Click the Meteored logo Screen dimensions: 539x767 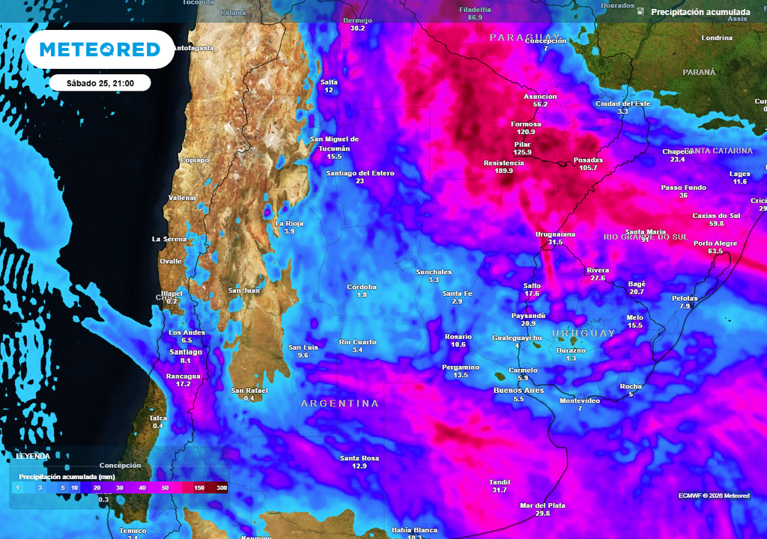click(x=100, y=49)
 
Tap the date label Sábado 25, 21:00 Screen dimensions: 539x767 click(x=100, y=83)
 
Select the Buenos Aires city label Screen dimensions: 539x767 click(x=518, y=391)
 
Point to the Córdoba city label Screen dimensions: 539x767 click(x=362, y=287)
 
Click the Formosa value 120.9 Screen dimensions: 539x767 click(x=526, y=132)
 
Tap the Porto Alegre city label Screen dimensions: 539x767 click(x=715, y=243)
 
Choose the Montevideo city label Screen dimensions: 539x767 click(x=580, y=401)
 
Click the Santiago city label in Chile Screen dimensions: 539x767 click(x=186, y=352)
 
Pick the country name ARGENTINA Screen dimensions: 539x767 click(x=340, y=404)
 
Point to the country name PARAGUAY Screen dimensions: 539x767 click(x=525, y=37)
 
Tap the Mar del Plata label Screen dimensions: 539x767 click(x=543, y=505)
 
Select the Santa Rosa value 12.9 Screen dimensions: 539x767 click(x=360, y=466)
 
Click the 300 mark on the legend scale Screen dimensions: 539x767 click(x=222, y=488)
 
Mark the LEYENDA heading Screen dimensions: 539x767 click(x=33, y=456)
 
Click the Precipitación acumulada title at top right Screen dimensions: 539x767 click(x=700, y=12)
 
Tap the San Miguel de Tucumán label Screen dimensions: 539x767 click(x=334, y=143)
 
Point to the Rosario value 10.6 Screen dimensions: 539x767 click(x=458, y=345)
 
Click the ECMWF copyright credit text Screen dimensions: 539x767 click(x=714, y=496)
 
